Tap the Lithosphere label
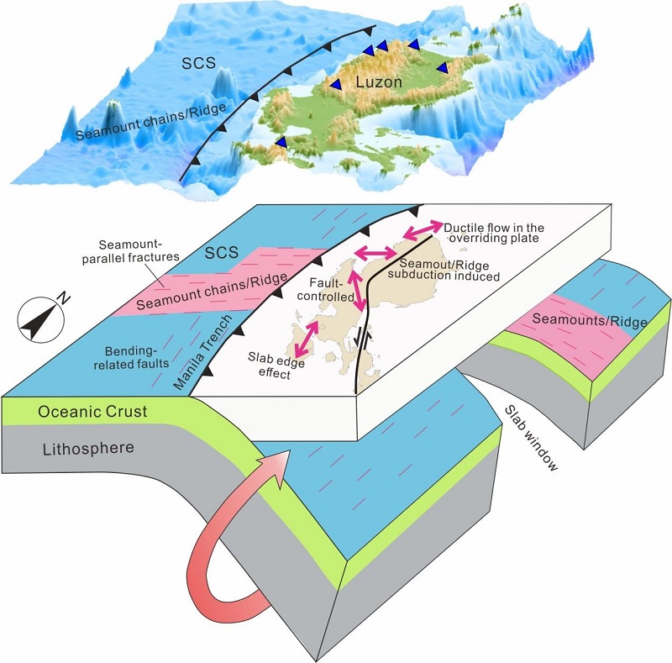point(88,448)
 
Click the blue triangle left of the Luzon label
point(335,85)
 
